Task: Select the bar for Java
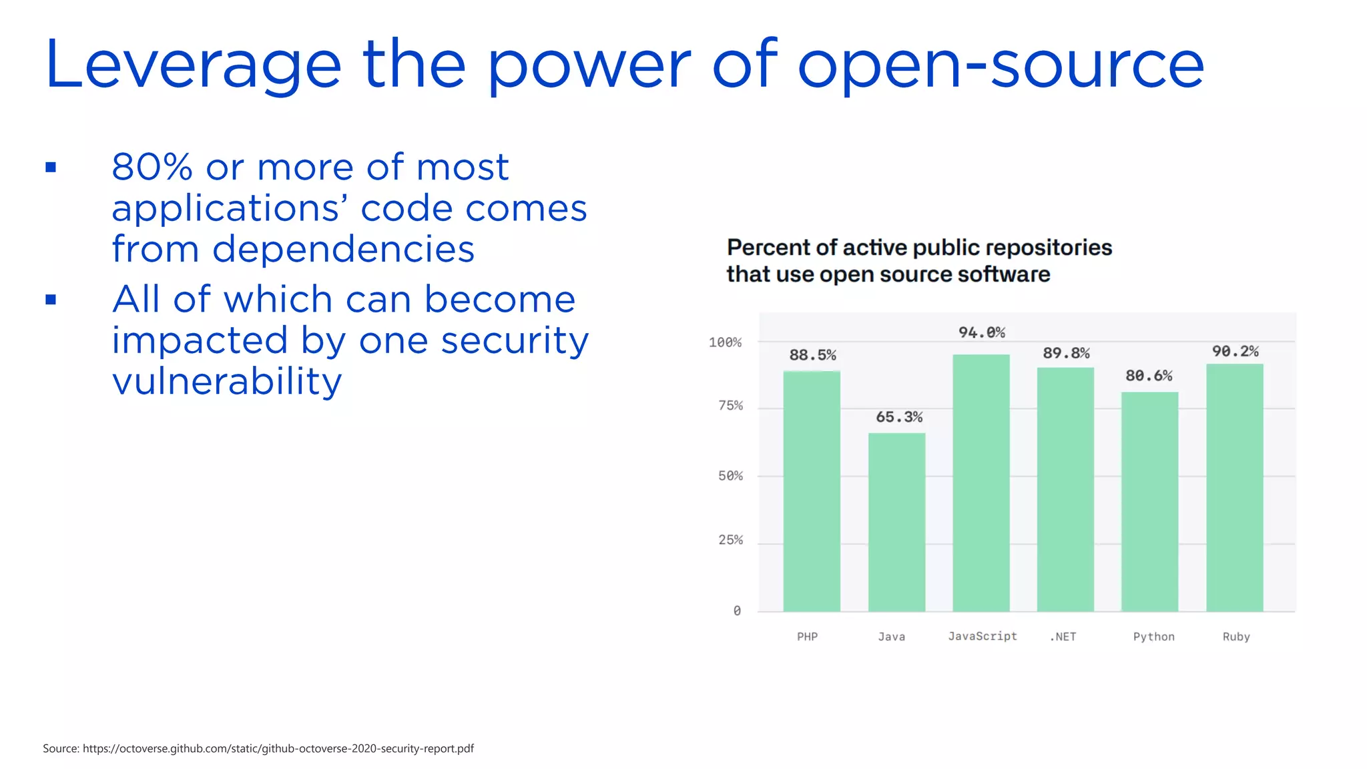click(x=896, y=522)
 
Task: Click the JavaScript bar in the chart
click(x=981, y=483)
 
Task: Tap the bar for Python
click(x=1149, y=501)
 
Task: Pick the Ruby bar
click(x=1234, y=487)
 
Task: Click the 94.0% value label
click(x=981, y=332)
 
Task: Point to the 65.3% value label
click(x=898, y=417)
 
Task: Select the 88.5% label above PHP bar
click(x=812, y=355)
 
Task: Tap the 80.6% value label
click(x=1149, y=376)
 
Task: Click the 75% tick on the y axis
click(x=730, y=406)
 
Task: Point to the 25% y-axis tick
click(x=730, y=540)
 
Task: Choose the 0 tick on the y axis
click(x=737, y=611)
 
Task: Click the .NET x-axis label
click(x=1063, y=637)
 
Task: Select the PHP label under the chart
click(x=807, y=637)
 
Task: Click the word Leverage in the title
click(x=193, y=65)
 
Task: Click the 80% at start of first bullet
click(x=152, y=167)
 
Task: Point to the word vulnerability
click(x=227, y=381)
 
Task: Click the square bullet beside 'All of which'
click(x=51, y=300)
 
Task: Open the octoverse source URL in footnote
click(x=278, y=748)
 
